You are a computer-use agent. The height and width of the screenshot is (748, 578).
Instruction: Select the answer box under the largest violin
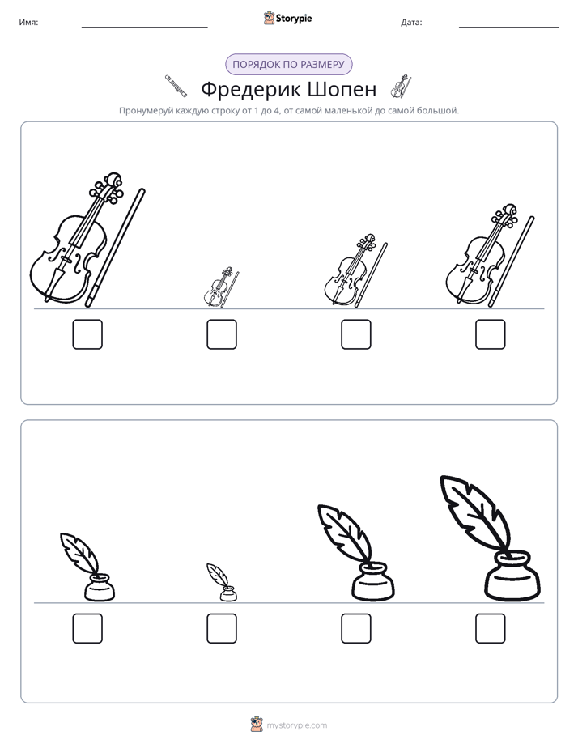[x=87, y=334]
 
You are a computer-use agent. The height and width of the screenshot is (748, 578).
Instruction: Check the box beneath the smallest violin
[x=222, y=334]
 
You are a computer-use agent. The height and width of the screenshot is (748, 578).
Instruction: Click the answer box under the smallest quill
[x=222, y=628]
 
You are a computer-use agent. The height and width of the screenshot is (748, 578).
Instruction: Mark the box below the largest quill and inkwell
[x=491, y=628]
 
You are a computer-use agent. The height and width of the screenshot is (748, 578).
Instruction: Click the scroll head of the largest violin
[x=113, y=181]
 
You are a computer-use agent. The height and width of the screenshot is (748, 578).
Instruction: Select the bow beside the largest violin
[x=115, y=248]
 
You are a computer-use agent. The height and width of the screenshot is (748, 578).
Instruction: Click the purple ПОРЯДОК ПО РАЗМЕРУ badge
[x=288, y=65]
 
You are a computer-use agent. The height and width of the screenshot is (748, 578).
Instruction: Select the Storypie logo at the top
[x=287, y=19]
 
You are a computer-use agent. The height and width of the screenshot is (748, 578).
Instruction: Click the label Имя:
[x=28, y=23]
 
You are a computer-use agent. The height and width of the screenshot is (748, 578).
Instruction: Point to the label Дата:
[x=411, y=23]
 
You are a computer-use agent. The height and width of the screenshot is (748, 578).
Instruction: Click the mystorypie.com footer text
[x=296, y=725]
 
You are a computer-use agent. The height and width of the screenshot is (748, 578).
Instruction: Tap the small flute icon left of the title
[x=176, y=87]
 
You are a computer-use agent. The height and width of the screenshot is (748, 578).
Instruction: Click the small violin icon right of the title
[x=401, y=87]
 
